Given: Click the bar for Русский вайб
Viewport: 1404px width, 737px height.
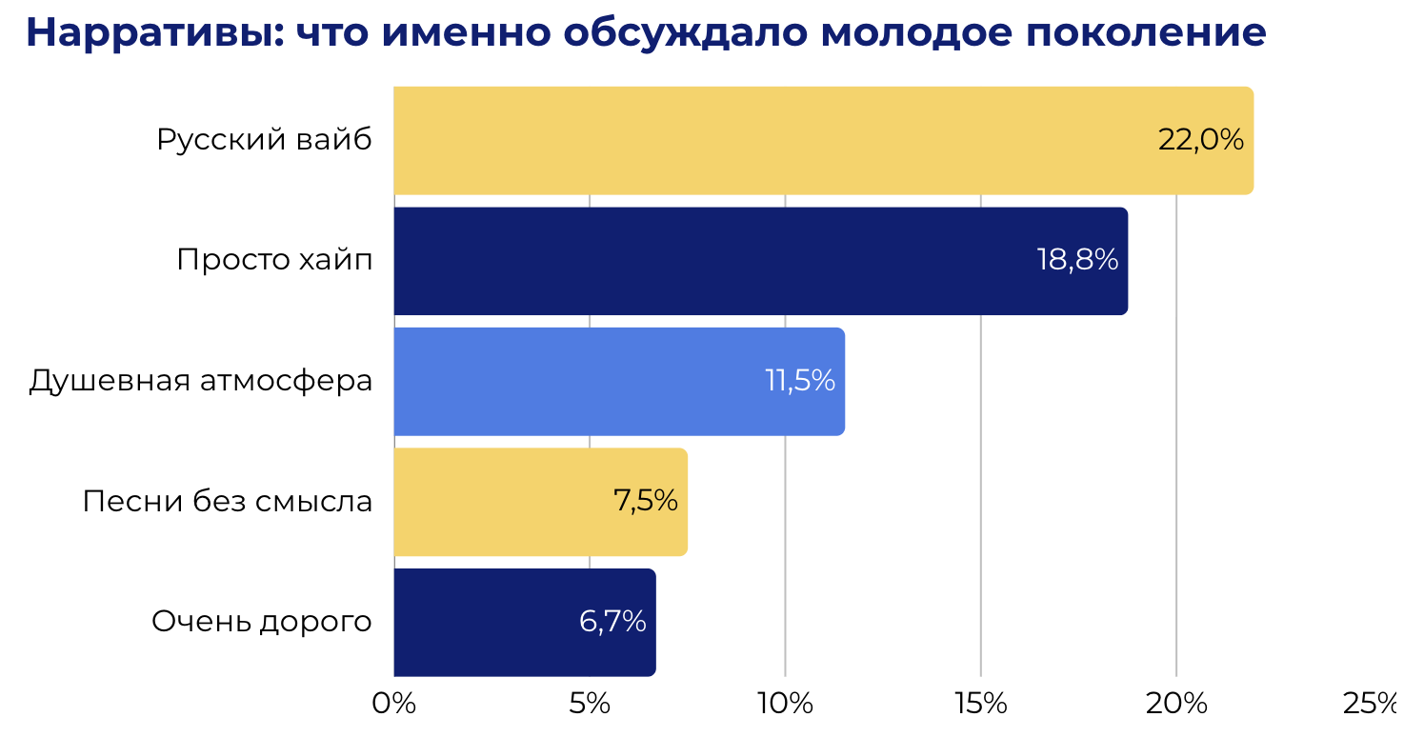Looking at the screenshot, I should (762, 140).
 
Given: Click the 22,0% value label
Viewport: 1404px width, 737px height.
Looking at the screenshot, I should (1200, 140).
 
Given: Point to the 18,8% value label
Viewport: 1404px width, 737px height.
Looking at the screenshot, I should (1077, 260).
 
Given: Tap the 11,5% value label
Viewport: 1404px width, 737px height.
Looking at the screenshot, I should (800, 381).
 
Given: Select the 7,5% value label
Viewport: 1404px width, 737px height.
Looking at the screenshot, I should (646, 501).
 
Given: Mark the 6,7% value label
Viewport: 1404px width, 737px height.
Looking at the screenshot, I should (612, 622).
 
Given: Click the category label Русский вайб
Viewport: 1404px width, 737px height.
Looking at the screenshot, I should (264, 140).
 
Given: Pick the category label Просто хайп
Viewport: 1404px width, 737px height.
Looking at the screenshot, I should (274, 260).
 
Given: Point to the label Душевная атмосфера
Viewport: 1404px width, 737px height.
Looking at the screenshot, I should (201, 381).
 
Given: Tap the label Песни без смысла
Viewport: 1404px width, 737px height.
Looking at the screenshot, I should (227, 501).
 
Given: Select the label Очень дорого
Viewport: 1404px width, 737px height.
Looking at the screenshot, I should (262, 622).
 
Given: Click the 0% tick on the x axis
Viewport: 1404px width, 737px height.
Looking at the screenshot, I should (393, 704).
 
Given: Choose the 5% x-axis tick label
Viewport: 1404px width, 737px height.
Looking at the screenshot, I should (590, 704).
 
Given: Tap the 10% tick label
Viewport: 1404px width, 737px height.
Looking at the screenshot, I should (785, 704).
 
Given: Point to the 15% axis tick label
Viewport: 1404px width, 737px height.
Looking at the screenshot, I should (981, 704).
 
